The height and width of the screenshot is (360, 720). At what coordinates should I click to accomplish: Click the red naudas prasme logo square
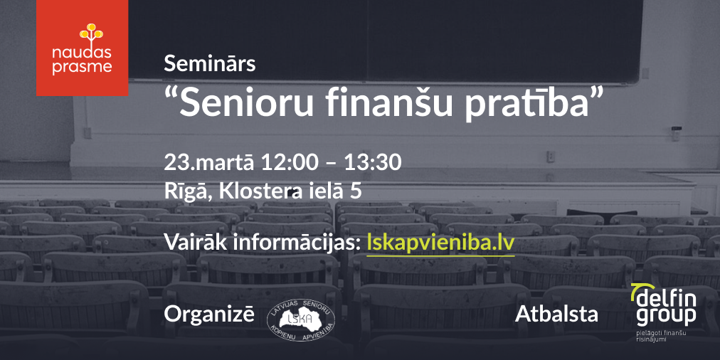point(83,48)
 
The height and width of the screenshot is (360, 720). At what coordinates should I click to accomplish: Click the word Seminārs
point(209,64)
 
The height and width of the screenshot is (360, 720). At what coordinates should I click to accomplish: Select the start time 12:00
point(290,162)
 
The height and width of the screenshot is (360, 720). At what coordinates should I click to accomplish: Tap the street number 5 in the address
point(356,192)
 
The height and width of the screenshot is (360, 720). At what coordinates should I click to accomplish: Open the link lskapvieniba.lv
point(441,243)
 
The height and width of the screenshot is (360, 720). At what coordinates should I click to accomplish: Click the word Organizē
point(209,314)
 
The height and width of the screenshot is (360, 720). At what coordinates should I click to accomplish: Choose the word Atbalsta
point(556,314)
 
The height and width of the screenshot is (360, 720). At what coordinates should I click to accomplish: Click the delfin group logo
point(664,305)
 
